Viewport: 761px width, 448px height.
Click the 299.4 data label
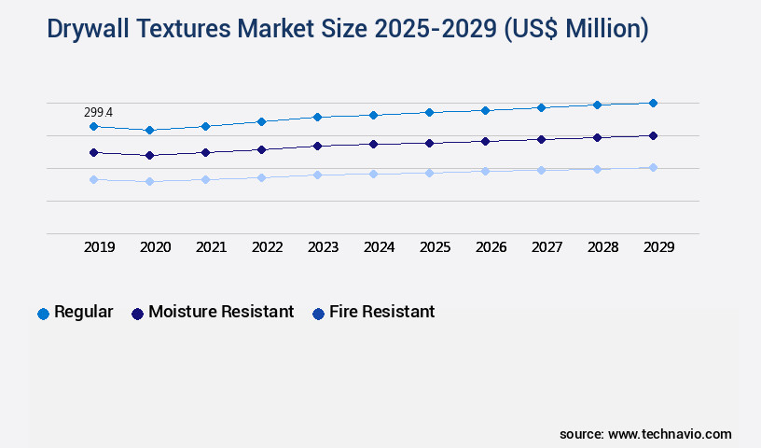click(x=98, y=112)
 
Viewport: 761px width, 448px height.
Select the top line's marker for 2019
click(x=93, y=126)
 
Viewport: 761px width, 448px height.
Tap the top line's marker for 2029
click(x=653, y=103)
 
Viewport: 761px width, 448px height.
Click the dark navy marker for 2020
click(x=149, y=155)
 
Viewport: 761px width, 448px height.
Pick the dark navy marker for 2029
click(x=653, y=135)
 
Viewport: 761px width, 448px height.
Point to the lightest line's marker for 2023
click(x=317, y=175)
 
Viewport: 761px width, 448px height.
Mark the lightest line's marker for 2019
click(x=93, y=179)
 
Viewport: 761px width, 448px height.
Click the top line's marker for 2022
click(x=261, y=121)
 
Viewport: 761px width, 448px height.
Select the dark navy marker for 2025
click(x=429, y=143)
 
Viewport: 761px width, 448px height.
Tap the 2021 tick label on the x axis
click(x=211, y=247)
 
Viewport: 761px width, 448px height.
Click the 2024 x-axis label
click(x=379, y=247)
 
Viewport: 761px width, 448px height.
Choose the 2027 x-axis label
click(x=547, y=247)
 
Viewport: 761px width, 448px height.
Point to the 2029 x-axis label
click(x=658, y=247)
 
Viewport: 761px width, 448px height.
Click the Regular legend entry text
click(x=84, y=312)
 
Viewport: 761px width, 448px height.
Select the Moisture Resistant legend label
click(x=221, y=312)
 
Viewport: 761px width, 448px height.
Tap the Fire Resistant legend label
click(x=381, y=312)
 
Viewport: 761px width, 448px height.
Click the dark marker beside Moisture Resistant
click(x=137, y=314)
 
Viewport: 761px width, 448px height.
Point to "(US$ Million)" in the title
click(x=576, y=29)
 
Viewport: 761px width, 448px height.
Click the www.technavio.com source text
click(x=670, y=434)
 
